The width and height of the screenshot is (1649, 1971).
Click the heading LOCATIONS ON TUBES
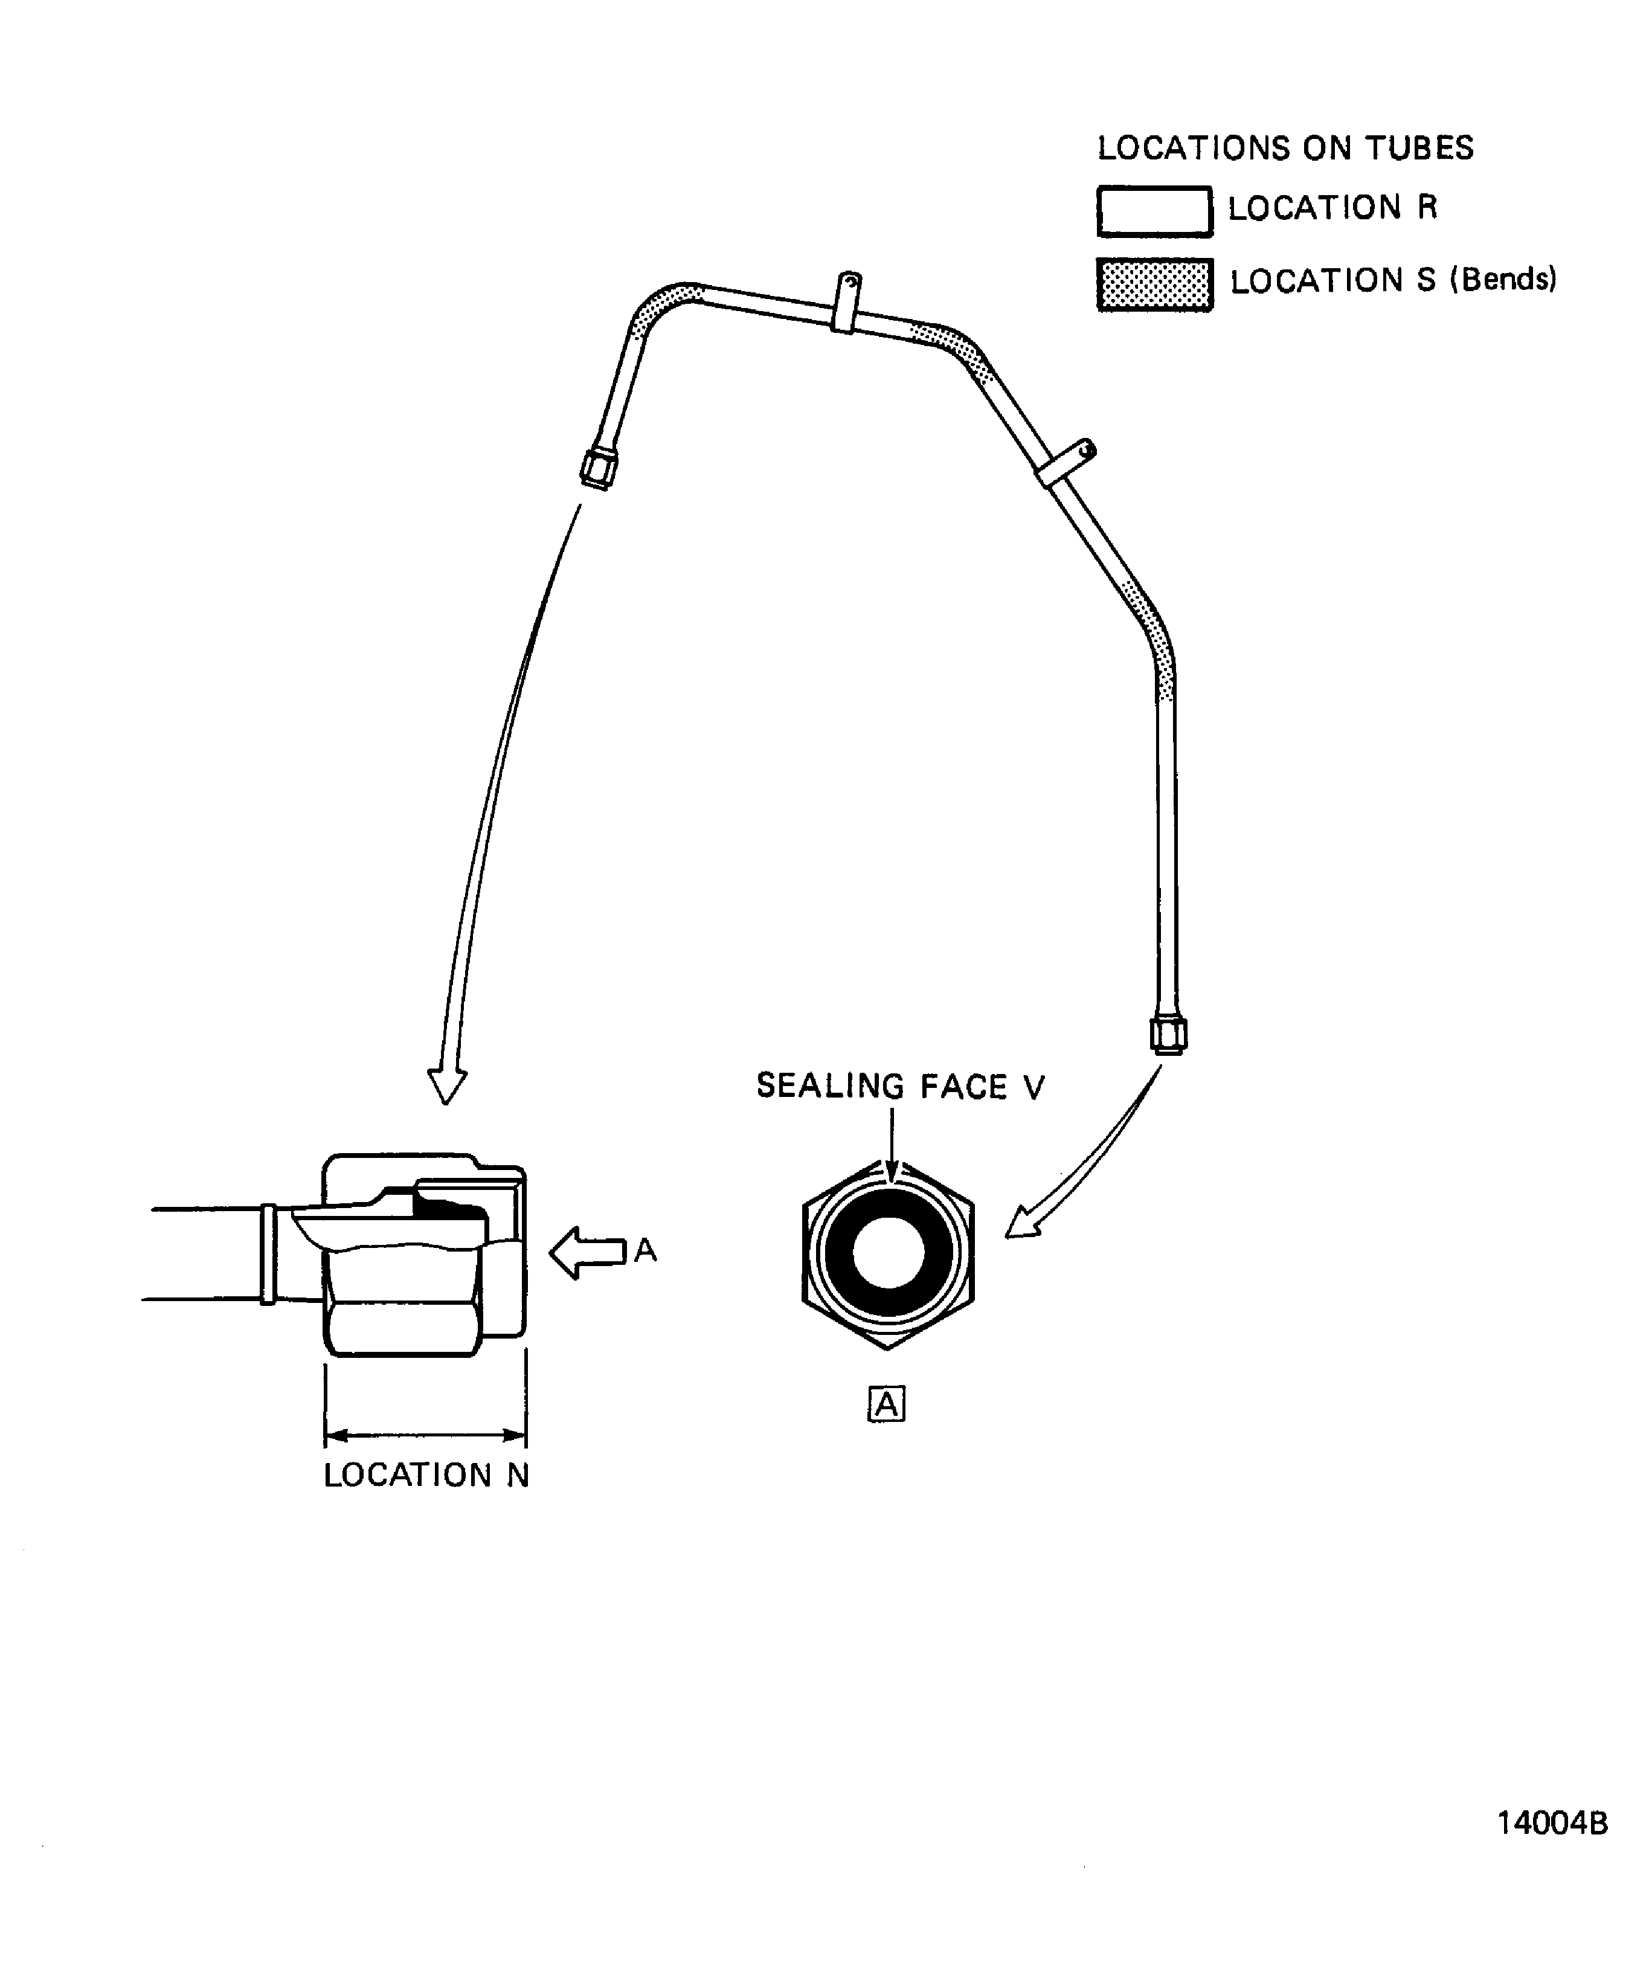click(1285, 149)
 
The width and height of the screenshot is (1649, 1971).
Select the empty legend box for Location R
click(1154, 211)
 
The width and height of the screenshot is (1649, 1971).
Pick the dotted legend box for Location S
click(1154, 285)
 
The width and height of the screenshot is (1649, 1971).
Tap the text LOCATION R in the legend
click(1332, 207)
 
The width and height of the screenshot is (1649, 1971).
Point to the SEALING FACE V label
click(899, 1086)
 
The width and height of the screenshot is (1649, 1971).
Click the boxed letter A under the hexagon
click(886, 1404)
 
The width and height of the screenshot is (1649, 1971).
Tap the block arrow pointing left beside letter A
click(588, 1252)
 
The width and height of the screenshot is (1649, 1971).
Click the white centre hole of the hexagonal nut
click(888, 1252)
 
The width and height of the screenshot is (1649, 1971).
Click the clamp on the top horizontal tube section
click(846, 302)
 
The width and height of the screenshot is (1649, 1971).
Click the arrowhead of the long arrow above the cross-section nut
click(447, 1086)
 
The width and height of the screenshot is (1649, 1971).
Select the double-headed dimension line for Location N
click(425, 1435)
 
